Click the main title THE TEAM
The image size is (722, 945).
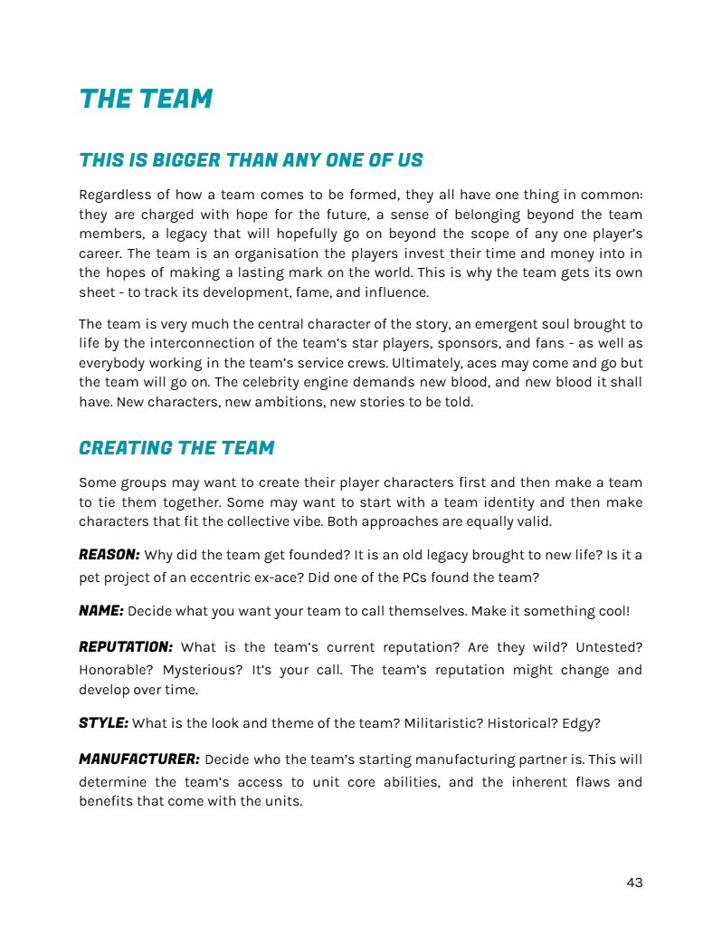point(146,99)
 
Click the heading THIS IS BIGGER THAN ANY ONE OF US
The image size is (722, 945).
point(251,161)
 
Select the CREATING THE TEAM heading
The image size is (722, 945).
point(176,448)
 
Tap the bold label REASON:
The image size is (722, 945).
point(109,554)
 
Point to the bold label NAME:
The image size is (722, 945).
point(100,611)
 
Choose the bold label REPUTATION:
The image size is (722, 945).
point(125,647)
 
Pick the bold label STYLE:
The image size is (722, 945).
point(103,723)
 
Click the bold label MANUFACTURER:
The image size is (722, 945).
point(138,759)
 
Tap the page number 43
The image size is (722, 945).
point(634,883)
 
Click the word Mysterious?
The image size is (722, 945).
point(210,671)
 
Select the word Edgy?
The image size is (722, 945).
point(582,724)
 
